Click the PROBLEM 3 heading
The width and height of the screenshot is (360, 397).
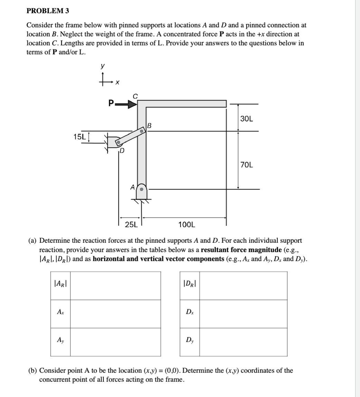pyautogui.click(x=48, y=11)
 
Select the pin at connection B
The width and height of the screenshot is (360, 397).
pyautogui.click(x=141, y=132)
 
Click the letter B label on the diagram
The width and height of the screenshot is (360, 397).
pyautogui.click(x=149, y=125)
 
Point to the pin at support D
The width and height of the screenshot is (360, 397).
pyautogui.click(x=118, y=142)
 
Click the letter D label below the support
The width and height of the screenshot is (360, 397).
pyautogui.click(x=122, y=151)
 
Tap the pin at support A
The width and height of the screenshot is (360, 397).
pyautogui.click(x=142, y=189)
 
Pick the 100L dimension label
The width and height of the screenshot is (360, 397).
pyautogui.click(x=187, y=225)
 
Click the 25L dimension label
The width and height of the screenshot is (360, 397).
pyautogui.click(x=131, y=225)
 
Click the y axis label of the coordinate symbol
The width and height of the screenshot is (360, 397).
pyautogui.click(x=102, y=66)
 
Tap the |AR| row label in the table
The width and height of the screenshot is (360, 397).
pyautogui.click(x=60, y=286)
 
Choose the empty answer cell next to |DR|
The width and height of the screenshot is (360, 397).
pyautogui.click(x=243, y=286)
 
